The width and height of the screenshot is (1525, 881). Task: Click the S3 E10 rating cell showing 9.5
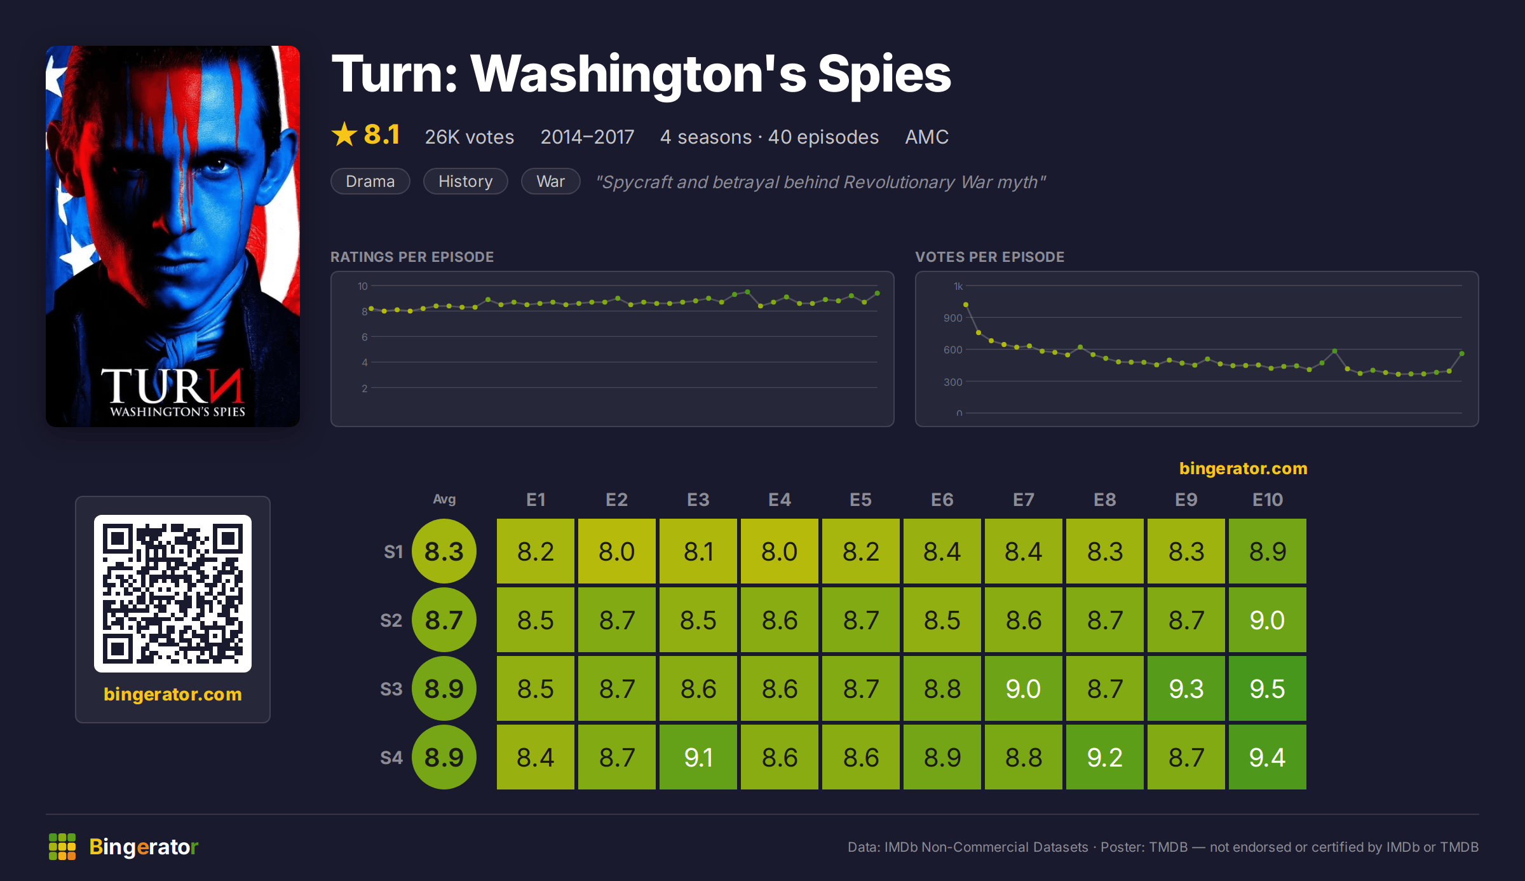pyautogui.click(x=1267, y=688)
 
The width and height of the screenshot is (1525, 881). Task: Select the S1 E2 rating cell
pyautogui.click(x=616, y=551)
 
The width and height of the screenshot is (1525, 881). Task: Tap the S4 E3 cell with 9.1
pyautogui.click(x=698, y=757)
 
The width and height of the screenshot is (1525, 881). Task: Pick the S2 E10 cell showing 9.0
pyautogui.click(x=1267, y=620)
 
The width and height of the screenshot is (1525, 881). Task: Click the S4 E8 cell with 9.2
pyautogui.click(x=1104, y=757)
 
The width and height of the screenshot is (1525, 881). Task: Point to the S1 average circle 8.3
pyautogui.click(x=444, y=551)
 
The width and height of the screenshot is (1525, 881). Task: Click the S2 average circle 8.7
pyautogui.click(x=444, y=620)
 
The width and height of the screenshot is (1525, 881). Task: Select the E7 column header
pyautogui.click(x=1023, y=500)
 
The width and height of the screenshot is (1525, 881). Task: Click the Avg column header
pyautogui.click(x=444, y=500)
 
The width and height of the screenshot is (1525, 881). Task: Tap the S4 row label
pyautogui.click(x=391, y=758)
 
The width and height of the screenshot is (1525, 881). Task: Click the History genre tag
pyautogui.click(x=466, y=181)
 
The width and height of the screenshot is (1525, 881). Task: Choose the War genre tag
pyautogui.click(x=550, y=181)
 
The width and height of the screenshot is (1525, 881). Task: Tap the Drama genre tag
pyautogui.click(x=370, y=181)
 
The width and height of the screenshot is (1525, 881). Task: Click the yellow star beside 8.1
pyautogui.click(x=344, y=134)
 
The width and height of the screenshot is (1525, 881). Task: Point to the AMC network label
pyautogui.click(x=926, y=137)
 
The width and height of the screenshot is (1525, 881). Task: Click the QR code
pyautogui.click(x=173, y=594)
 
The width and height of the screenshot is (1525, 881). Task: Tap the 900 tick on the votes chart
pyautogui.click(x=952, y=318)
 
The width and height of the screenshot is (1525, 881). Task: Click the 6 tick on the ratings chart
pyautogui.click(x=364, y=337)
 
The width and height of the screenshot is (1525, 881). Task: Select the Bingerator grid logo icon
pyautogui.click(x=62, y=847)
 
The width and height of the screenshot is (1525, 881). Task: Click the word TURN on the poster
pyautogui.click(x=172, y=386)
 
